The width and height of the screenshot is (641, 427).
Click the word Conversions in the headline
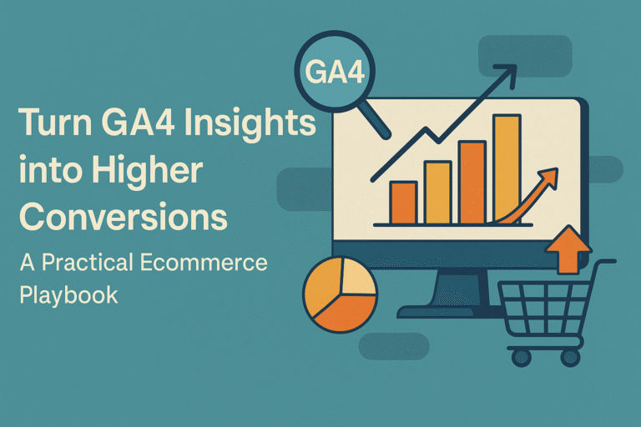tap(124, 217)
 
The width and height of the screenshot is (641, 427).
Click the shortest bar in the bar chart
tap(403, 203)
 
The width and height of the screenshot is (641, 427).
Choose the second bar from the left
tap(438, 193)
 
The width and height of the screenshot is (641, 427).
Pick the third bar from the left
tap(472, 183)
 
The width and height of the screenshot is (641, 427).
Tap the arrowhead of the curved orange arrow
tap(548, 176)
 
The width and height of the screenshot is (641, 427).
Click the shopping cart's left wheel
tap(522, 357)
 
